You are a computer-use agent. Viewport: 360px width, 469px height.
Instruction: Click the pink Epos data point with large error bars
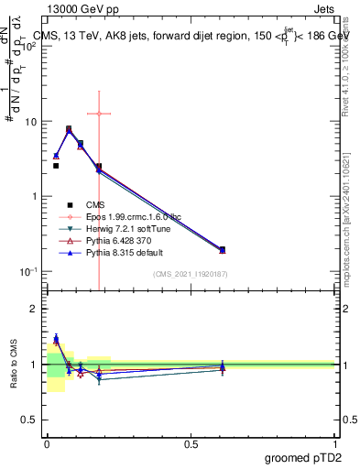click(x=99, y=114)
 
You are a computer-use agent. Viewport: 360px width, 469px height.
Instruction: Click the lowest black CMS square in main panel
click(x=56, y=166)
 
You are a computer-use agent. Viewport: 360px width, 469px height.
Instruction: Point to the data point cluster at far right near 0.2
click(x=222, y=249)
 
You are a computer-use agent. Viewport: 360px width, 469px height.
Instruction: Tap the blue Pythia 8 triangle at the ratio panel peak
click(x=56, y=338)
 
